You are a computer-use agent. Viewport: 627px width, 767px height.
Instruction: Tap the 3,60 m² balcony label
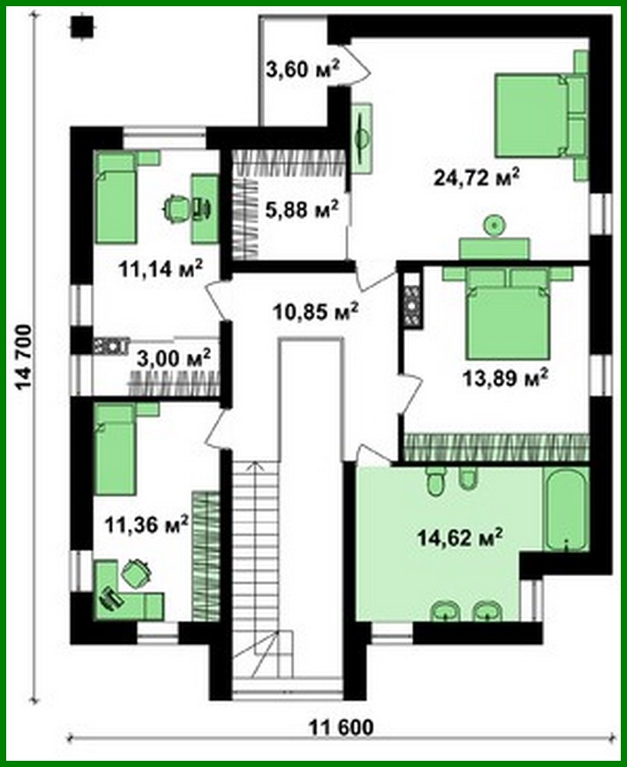pyautogui.click(x=302, y=69)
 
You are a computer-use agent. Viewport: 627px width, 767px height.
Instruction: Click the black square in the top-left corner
pyautogui.click(x=82, y=26)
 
